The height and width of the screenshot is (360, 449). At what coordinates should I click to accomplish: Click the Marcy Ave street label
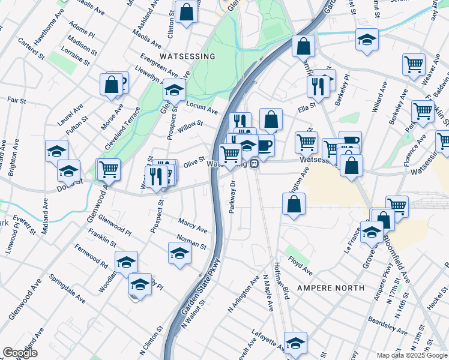[x=192, y=226]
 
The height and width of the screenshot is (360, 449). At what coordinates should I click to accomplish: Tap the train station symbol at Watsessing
[x=255, y=163]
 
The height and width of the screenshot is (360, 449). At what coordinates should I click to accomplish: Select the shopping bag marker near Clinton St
[x=186, y=12]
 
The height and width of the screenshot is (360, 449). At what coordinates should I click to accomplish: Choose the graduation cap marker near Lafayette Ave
[x=295, y=343]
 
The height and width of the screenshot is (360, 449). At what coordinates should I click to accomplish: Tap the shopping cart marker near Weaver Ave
[x=414, y=64]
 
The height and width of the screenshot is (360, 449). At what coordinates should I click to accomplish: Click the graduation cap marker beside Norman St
[x=179, y=253]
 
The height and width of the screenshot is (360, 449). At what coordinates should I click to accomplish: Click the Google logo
[x=20, y=353]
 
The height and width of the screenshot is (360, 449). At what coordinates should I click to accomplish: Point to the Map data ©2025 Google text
[x=411, y=355]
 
